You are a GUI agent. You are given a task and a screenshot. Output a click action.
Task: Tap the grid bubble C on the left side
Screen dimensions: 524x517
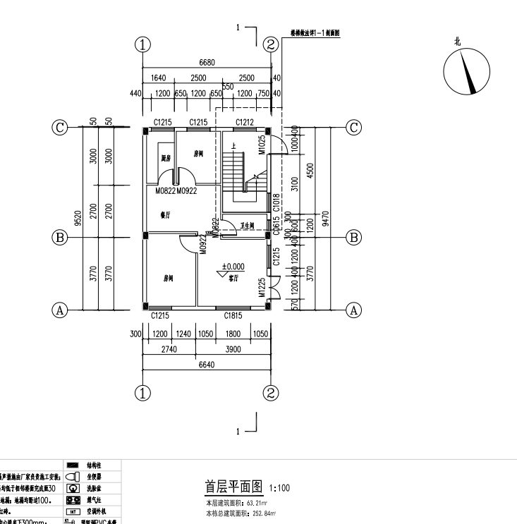coord(61,127)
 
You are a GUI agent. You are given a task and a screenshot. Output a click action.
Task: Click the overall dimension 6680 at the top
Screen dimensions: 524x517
coord(207,63)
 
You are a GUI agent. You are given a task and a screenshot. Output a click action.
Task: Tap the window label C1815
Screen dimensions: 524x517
coord(233,315)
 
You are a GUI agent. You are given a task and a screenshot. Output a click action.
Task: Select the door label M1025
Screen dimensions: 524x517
coord(261,144)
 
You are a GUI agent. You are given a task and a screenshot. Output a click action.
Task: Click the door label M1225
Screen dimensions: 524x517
coord(261,287)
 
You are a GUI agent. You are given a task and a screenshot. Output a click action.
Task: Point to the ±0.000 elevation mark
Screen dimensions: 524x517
coord(233,267)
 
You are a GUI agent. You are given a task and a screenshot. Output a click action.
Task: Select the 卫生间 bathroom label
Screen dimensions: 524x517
coord(248,226)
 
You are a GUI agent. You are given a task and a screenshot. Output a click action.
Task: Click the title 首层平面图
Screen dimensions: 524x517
coord(233,487)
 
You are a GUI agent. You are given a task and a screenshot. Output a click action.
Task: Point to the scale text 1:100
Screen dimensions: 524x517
coord(278,488)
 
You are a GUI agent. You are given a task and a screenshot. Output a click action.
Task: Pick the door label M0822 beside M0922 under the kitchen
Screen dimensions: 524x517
coord(166,191)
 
